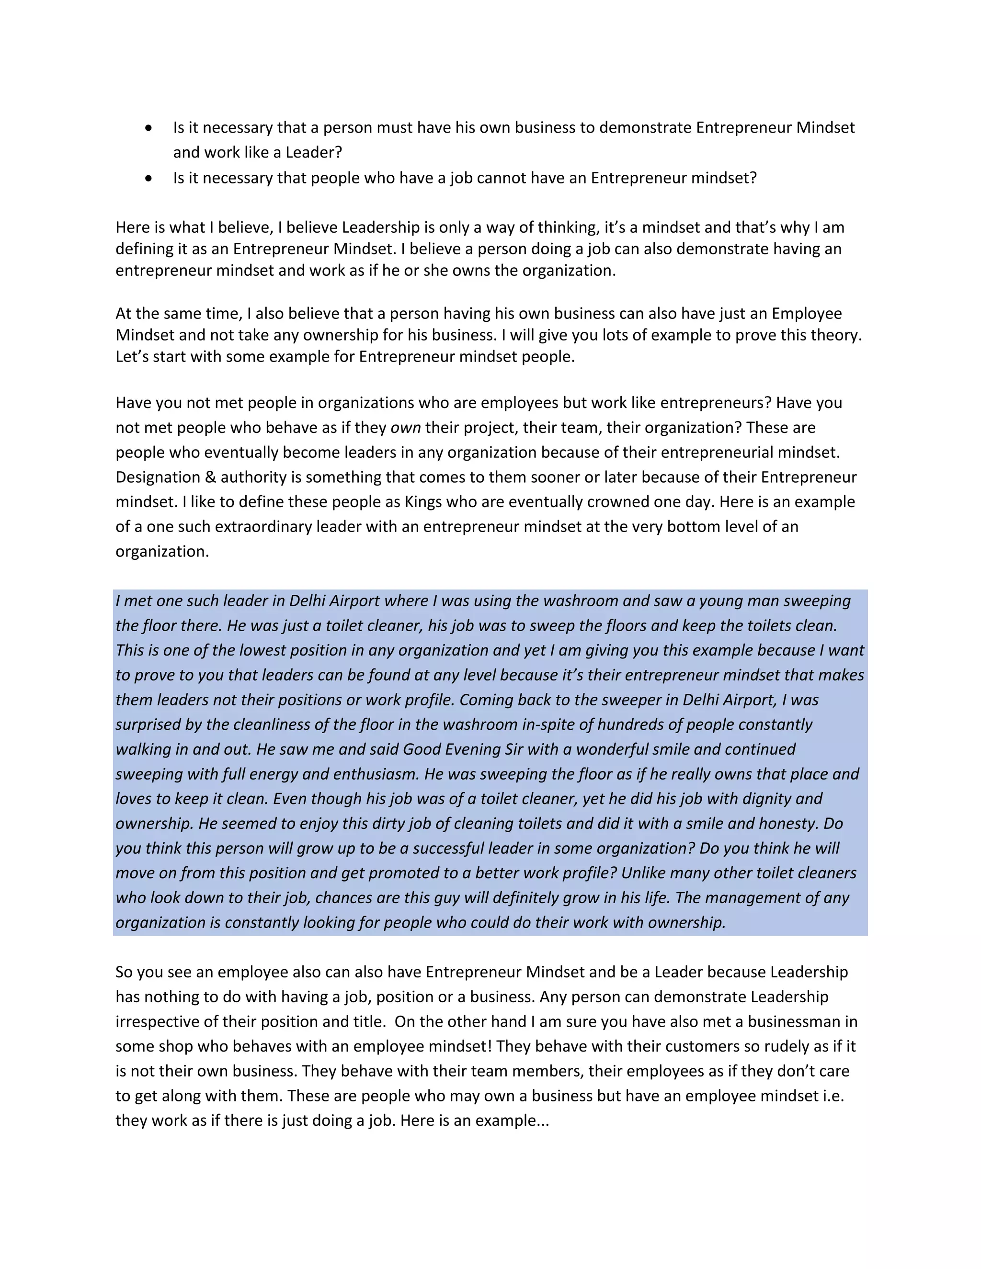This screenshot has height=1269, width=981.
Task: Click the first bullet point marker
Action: point(149,128)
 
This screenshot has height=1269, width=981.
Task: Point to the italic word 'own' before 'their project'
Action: point(405,428)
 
